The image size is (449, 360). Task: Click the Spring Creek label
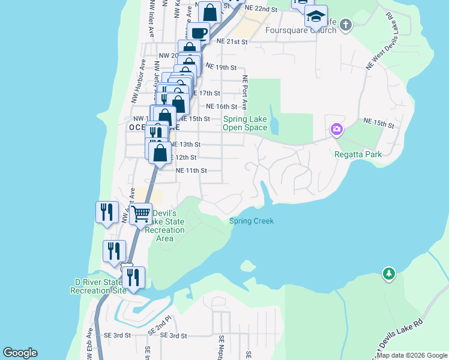[x=252, y=221]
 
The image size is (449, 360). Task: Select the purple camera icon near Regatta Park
[x=336, y=129]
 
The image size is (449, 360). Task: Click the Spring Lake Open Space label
[x=245, y=123]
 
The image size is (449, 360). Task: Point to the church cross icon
[x=345, y=25]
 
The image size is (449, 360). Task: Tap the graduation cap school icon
[x=316, y=18]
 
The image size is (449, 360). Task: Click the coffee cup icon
[x=199, y=33]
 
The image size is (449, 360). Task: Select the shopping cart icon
[x=140, y=213]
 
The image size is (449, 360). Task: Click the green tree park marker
[x=389, y=274]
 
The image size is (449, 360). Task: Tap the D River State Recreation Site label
[x=98, y=286]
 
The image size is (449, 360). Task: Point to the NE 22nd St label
[x=264, y=10]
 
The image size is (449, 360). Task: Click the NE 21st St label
[x=233, y=41]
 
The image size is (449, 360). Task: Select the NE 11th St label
[x=191, y=170]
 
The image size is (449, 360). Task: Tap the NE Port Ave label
[x=245, y=93]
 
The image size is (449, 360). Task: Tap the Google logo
[x=20, y=353]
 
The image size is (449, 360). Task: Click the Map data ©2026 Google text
[x=412, y=355]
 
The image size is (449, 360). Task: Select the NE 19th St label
[x=221, y=67]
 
